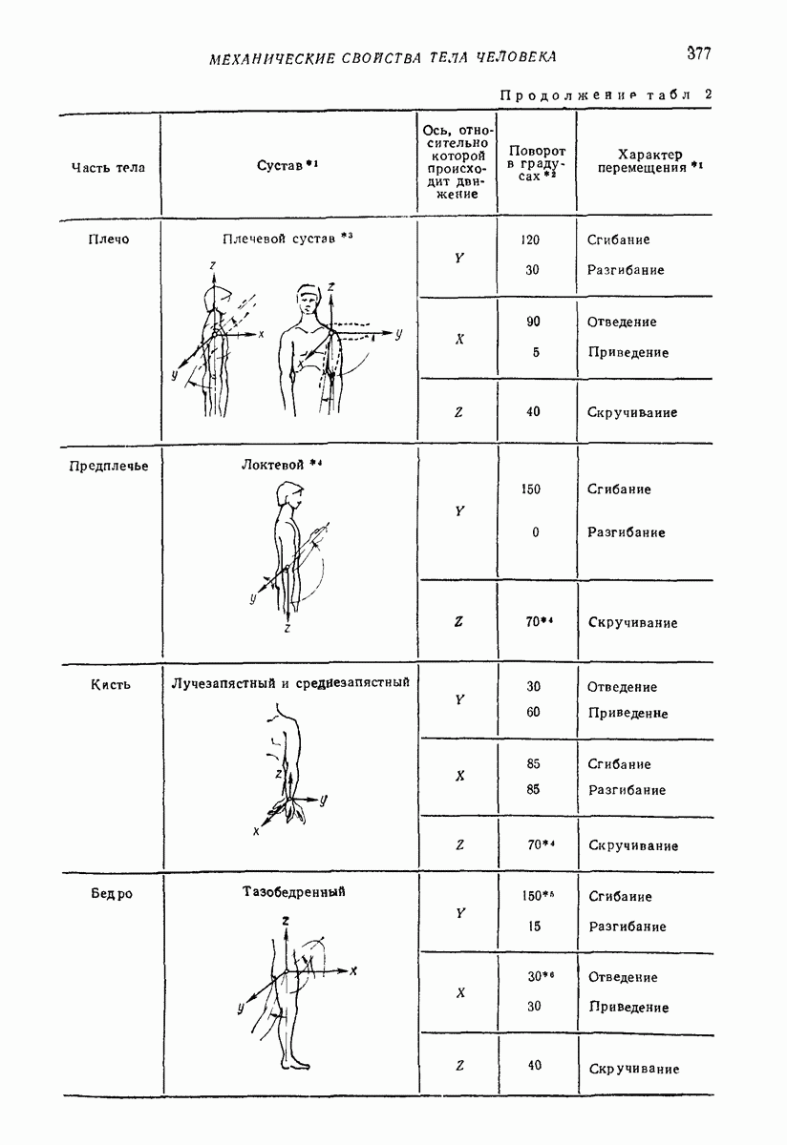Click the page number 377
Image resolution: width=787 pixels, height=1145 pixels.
pyautogui.click(x=698, y=53)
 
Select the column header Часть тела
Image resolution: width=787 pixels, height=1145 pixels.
pyautogui.click(x=108, y=168)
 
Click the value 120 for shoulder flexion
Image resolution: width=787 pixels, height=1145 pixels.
pyautogui.click(x=530, y=239)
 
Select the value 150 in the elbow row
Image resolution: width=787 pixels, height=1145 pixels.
pyautogui.click(x=531, y=489)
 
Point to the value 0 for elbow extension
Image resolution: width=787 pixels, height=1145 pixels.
pyautogui.click(x=535, y=532)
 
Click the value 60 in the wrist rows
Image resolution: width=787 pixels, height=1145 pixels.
pyautogui.click(x=534, y=713)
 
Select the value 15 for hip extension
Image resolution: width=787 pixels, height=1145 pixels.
pyautogui.click(x=534, y=926)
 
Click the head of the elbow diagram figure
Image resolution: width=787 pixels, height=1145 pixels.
pyautogui.click(x=288, y=495)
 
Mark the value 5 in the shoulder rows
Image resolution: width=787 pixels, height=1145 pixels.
pyautogui.click(x=536, y=352)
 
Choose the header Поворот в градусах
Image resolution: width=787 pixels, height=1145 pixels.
pyautogui.click(x=537, y=164)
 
